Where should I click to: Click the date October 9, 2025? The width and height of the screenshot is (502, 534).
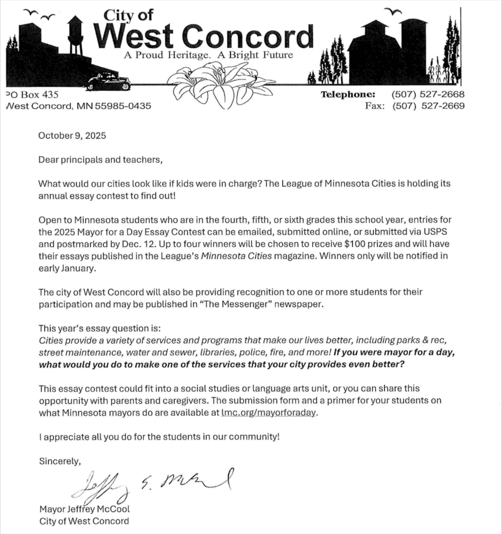(72, 136)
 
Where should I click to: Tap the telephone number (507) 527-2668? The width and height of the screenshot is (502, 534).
(428, 94)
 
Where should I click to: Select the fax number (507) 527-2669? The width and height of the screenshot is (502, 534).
(429, 106)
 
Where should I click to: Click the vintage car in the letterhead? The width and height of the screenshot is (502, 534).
(108, 82)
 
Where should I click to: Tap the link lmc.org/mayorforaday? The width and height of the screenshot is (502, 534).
(268, 412)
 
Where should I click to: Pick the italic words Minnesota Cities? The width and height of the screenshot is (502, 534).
(236, 256)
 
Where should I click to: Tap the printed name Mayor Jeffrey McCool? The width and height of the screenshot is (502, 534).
(84, 509)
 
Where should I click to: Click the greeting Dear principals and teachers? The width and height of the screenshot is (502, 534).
(100, 160)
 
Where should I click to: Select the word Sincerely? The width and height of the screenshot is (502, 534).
(60, 461)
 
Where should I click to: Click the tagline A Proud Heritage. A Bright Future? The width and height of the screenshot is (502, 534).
(208, 55)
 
